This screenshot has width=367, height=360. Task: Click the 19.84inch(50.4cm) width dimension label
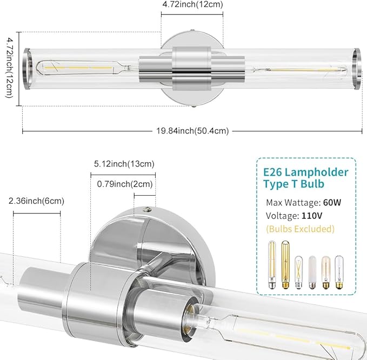pos(192,131)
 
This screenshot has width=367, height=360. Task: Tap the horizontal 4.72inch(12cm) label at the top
pos(192,4)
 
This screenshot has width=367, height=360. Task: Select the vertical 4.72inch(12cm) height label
pos(9,68)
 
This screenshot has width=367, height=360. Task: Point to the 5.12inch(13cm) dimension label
pos(124,164)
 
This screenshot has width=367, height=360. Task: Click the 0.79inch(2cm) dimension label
pos(125,184)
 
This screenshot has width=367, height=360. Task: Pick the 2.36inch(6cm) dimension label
pos(36,201)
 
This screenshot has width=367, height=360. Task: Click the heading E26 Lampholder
pos(306,172)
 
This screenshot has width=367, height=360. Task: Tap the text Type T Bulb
pos(293,184)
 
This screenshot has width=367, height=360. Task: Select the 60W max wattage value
pos(332,203)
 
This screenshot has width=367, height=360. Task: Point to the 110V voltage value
pos(312,216)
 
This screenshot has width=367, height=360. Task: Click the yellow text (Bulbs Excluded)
pos(301,229)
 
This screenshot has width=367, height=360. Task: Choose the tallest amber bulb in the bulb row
pos(285,264)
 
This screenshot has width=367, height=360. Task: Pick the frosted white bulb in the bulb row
pos(312,272)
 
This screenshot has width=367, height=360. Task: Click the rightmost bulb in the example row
pos(339,272)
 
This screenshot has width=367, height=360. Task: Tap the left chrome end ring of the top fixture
pos(26,69)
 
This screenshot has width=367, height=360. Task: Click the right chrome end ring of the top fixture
pos(357,69)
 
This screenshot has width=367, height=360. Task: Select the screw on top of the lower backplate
pos(147,209)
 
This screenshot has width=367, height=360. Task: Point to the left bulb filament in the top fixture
pos(78,68)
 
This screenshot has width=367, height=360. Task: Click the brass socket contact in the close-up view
pos(190,313)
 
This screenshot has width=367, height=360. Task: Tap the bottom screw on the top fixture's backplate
pos(193,106)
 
